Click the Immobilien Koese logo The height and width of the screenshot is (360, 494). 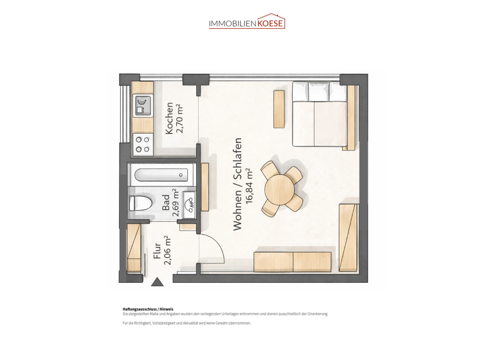pyautogui.click(x=246, y=22)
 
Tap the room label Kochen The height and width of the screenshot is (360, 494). pyautogui.click(x=169, y=118)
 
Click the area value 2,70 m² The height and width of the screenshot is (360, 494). pyautogui.click(x=180, y=118)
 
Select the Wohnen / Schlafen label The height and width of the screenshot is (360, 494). pyautogui.click(x=237, y=184)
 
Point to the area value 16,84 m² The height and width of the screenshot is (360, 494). pyautogui.click(x=250, y=184)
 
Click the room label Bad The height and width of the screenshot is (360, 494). pyautogui.click(x=166, y=204)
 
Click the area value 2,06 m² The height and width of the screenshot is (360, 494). pyautogui.click(x=167, y=251)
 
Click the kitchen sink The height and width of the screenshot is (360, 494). pyautogui.click(x=142, y=105)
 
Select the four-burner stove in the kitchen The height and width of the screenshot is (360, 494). pyautogui.click(x=142, y=145)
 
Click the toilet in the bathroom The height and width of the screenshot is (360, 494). pyautogui.click(x=140, y=204)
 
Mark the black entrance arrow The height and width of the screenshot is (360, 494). pyautogui.click(x=157, y=282)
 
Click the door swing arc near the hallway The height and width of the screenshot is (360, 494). pyautogui.click(x=217, y=248)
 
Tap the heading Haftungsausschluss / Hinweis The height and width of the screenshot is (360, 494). pyautogui.click(x=147, y=309)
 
